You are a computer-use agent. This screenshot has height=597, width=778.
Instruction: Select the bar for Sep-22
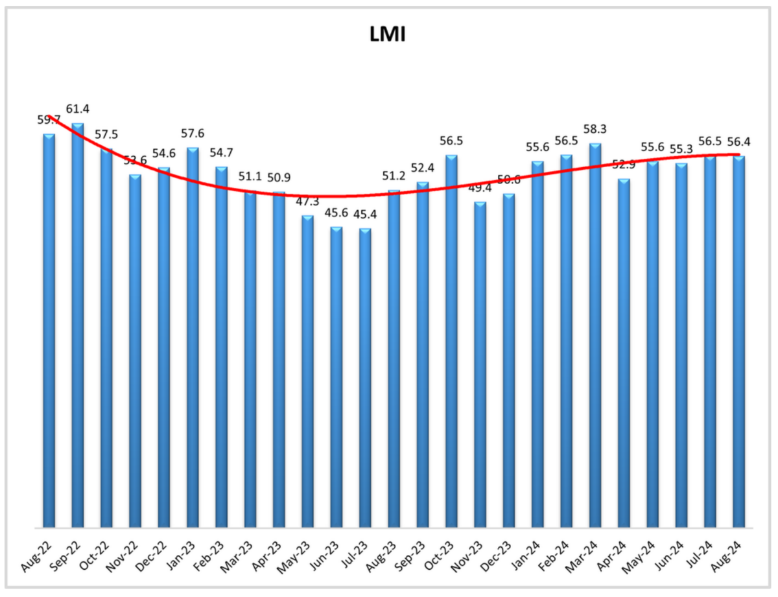pyautogui.click(x=77, y=324)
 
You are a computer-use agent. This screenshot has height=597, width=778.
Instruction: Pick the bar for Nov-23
pyautogui.click(x=480, y=364)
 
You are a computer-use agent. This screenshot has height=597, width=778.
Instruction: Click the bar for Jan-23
pyautogui.click(x=193, y=337)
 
